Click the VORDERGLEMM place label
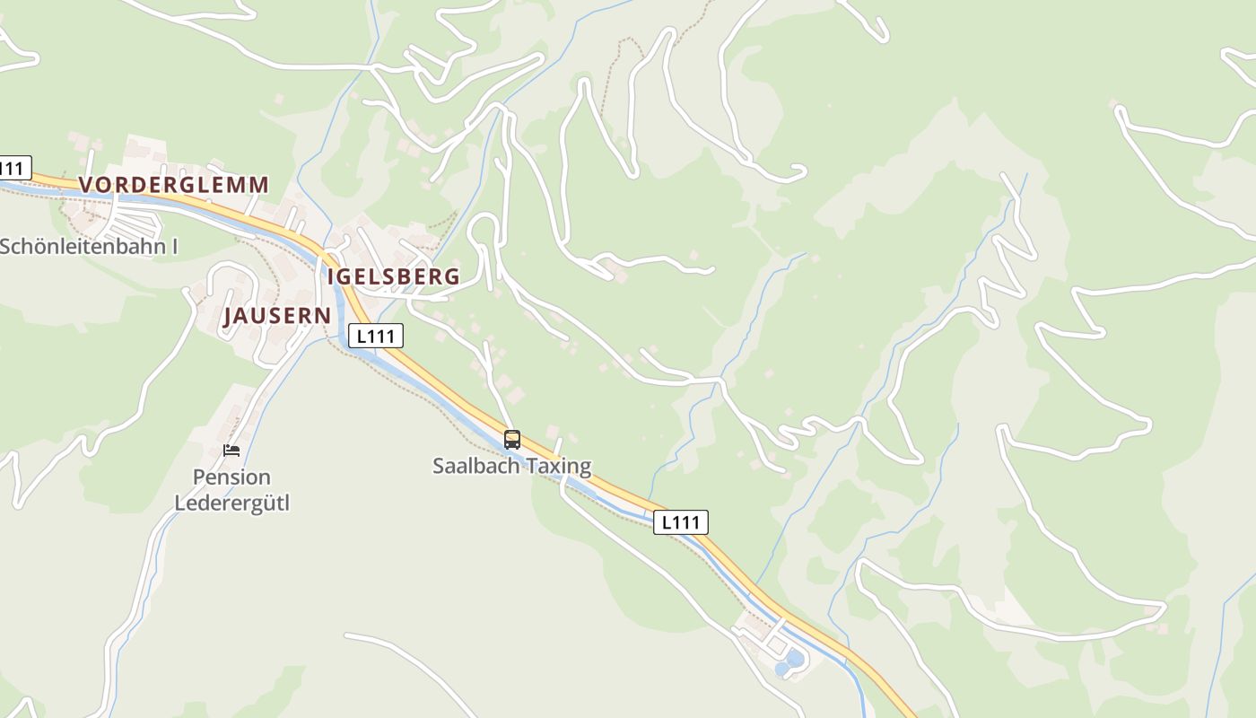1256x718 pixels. pyautogui.click(x=174, y=185)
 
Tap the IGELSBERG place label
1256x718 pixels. pyautogui.click(x=393, y=276)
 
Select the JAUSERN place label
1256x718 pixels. pyautogui.click(x=277, y=316)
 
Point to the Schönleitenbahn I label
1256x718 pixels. pyautogui.click(x=88, y=247)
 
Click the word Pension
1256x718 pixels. pyautogui.click(x=231, y=477)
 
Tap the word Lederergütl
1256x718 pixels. pyautogui.click(x=231, y=502)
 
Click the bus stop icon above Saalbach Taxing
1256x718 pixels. pyautogui.click(x=512, y=440)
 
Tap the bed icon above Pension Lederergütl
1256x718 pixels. pyautogui.click(x=231, y=451)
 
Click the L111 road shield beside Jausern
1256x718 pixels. pyautogui.click(x=376, y=337)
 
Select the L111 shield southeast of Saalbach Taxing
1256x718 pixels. pyautogui.click(x=681, y=522)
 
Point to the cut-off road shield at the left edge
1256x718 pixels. pyautogui.click(x=13, y=168)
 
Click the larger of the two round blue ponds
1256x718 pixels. pyautogui.click(x=794, y=658)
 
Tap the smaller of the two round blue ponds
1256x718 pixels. pyautogui.click(x=781, y=670)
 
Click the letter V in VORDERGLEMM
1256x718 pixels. pyautogui.click(x=86, y=185)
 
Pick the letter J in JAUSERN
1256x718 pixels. pyautogui.click(x=230, y=316)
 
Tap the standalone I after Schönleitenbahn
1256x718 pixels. pyautogui.click(x=174, y=247)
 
